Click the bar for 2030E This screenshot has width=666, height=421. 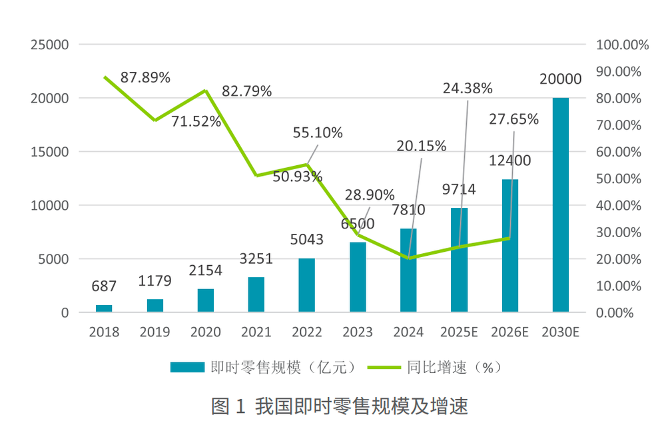coord(560,205)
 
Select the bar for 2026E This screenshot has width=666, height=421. coord(509,245)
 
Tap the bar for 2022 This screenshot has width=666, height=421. coord(306,284)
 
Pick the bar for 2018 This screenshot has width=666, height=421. coord(104,308)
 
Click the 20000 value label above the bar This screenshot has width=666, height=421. coord(560,79)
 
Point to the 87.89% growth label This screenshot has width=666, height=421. coord(145,77)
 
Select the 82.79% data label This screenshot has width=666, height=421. coord(246,91)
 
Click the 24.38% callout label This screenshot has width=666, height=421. coord(468,88)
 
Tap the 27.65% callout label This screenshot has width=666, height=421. coord(513,119)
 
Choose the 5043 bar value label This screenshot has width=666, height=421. coord(306,238)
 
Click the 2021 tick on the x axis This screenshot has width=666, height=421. coord(256,332)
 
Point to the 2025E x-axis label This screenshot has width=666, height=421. coord(459,332)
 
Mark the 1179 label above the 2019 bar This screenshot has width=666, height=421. coord(155,280)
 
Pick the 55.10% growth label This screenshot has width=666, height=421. coord(318,133)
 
